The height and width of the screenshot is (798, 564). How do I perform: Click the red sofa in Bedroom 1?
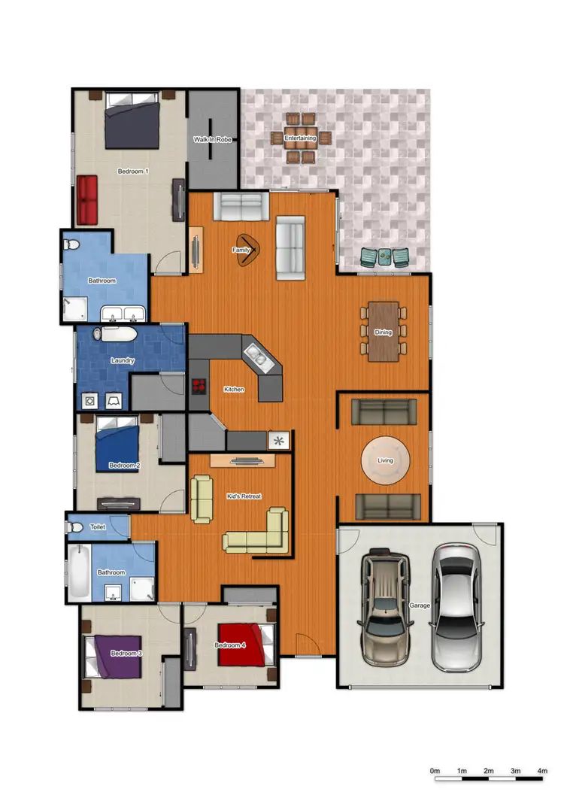tap(88, 199)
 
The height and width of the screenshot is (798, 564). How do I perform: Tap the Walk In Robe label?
tap(212, 139)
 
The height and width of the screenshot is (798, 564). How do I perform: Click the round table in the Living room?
tap(386, 460)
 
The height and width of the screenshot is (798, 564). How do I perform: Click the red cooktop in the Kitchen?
tap(199, 386)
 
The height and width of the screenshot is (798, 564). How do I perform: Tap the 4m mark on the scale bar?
tap(542, 772)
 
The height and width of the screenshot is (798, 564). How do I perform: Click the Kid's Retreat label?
tap(244, 496)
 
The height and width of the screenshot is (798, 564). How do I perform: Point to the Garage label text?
tap(419, 605)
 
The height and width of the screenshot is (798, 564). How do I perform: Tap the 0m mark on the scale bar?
tap(435, 772)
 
